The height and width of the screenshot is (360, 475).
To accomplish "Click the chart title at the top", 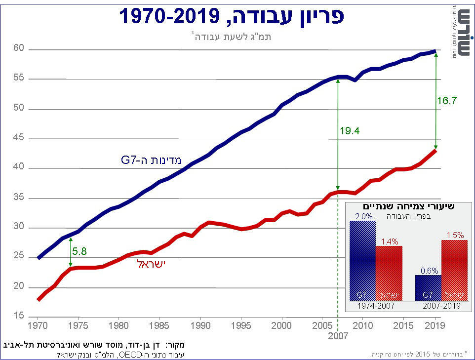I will pos(231,16).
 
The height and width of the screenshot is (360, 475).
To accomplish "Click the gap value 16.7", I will pos(446,100).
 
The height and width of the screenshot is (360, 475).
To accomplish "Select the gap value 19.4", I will pos(349,131).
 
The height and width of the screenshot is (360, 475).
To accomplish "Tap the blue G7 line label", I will pos(151,160).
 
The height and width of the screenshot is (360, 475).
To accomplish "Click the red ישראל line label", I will pos(151,263).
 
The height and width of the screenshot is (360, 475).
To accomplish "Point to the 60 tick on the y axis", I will pos(18,48).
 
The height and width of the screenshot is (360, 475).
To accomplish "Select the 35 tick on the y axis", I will pos(18,198).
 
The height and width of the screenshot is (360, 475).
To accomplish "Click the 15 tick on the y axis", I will pos(18,316).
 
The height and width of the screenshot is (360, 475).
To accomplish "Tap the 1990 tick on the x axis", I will pos(200,326).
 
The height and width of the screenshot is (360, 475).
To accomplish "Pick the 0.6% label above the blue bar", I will pos(428,270).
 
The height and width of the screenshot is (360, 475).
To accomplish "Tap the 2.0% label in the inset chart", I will pos(362,216).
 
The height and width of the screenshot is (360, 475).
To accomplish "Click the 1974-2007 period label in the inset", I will pos(376,306).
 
